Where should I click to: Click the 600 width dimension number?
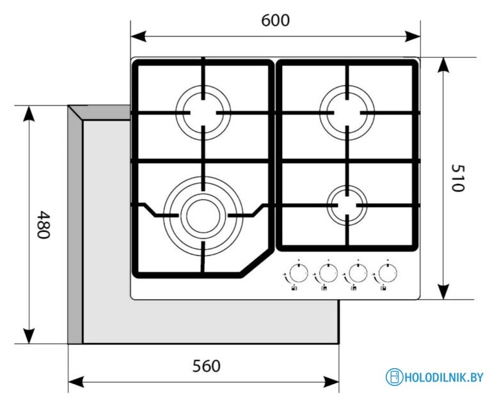(x=275, y=20)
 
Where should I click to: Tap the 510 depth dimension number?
(x=456, y=178)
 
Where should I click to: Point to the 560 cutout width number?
(x=206, y=366)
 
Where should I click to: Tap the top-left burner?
(x=203, y=111)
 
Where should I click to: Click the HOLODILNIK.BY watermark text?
(x=444, y=377)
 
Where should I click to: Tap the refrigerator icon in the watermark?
(x=395, y=377)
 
